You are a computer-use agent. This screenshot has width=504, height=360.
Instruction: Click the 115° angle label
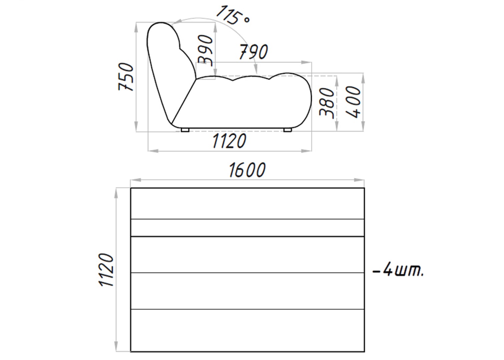coord(233,15)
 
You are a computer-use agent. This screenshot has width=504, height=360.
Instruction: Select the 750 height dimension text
coord(126,77)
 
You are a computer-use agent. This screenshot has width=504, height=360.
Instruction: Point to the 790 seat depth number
coord(254,52)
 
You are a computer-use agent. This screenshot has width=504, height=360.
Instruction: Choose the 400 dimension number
coord(353,102)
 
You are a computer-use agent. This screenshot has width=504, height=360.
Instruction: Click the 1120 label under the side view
coord(229,141)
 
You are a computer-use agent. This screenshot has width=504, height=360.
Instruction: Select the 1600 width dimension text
coord(247,170)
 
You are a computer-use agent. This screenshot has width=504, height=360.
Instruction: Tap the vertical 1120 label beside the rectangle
coord(106,270)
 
